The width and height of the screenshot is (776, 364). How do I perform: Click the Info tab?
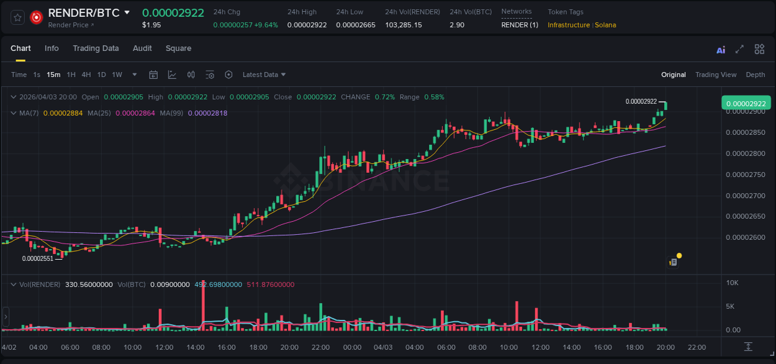click(x=52, y=48)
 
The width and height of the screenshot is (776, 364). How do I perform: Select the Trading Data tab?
click(x=96, y=48)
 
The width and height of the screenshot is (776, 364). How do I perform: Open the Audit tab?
click(x=142, y=48)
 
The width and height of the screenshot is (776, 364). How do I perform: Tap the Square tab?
click(x=178, y=48)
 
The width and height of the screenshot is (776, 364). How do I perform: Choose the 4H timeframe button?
click(x=86, y=75)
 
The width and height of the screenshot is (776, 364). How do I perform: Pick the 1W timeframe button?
click(x=117, y=75)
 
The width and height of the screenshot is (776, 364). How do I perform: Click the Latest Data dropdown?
click(x=264, y=75)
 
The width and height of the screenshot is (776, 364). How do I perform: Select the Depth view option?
click(x=755, y=75)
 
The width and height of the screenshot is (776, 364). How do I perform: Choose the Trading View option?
click(x=715, y=75)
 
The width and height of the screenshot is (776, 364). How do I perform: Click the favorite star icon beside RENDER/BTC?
click(x=18, y=17)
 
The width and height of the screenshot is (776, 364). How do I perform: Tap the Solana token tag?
click(x=605, y=25)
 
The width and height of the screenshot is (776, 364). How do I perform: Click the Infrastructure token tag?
click(x=568, y=25)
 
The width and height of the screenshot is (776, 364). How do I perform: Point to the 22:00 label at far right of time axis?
click(x=697, y=347)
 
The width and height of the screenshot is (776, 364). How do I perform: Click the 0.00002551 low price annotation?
click(x=38, y=258)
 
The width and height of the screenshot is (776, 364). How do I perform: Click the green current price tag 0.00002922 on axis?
click(x=746, y=103)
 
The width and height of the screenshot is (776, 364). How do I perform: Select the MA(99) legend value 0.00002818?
click(x=207, y=113)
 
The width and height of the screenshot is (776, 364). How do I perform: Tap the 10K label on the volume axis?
click(x=732, y=283)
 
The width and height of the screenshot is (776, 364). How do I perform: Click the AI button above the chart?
click(x=721, y=50)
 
